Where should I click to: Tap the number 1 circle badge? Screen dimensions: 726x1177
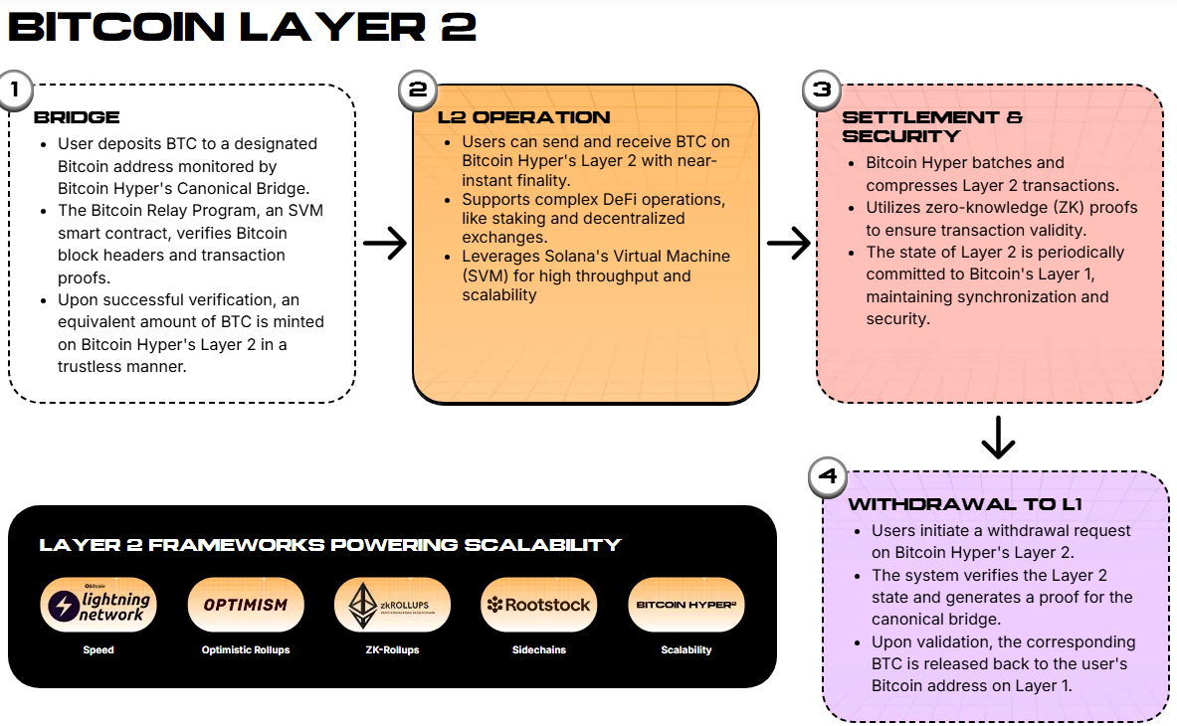14,90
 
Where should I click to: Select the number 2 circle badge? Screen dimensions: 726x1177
418,90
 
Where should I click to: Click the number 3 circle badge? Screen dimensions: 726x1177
822,90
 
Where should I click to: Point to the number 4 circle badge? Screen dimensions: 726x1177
827,476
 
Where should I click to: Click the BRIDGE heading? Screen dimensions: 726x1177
77,117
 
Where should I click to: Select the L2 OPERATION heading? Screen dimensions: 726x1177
523,117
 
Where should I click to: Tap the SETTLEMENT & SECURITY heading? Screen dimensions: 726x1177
917,126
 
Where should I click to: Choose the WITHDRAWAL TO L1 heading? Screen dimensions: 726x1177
964,504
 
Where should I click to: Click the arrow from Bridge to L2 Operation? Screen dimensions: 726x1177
384,243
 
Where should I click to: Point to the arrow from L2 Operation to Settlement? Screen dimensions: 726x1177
788,243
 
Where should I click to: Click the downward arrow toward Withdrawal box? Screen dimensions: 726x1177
997,437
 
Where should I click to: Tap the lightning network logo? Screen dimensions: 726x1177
98,605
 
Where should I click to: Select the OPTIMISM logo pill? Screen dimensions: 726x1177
246,605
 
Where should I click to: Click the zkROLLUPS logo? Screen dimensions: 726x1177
392,605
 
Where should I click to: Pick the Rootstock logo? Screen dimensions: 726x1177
538,605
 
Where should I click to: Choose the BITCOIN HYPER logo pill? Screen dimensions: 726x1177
687,605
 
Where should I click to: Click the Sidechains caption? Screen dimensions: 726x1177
538,649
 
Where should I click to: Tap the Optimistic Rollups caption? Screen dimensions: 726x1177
246,649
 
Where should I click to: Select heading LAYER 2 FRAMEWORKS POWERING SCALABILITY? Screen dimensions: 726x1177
329,545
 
